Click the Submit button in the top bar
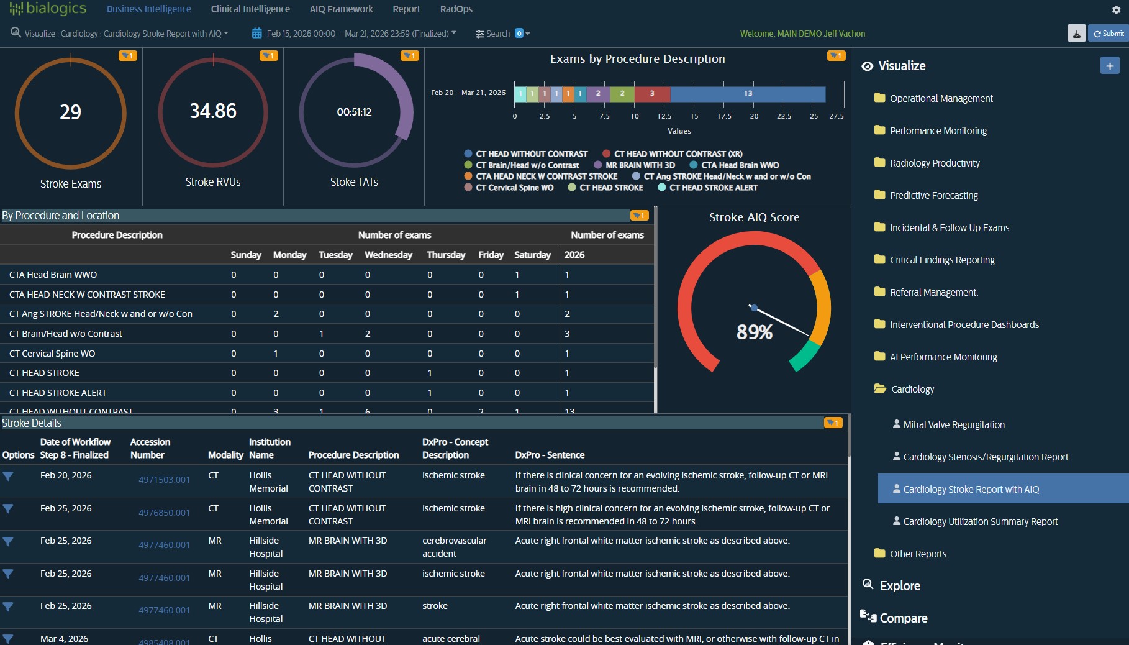1109,34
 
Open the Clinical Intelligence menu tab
250,9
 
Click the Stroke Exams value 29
70,112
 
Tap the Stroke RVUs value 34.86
213,111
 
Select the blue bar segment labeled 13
748,94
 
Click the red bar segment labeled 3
652,94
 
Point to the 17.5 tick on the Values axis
724,116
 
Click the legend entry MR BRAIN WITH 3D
640,165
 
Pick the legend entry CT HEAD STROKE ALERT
713,188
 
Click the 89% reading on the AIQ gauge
755,332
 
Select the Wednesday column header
388,255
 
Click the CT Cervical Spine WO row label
52,354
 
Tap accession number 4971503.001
164,480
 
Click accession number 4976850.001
164,513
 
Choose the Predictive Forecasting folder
933,196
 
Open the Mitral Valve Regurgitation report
953,425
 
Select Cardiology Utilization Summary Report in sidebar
980,522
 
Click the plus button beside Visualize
1109,66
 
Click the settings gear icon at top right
1116,10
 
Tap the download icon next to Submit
1076,34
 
